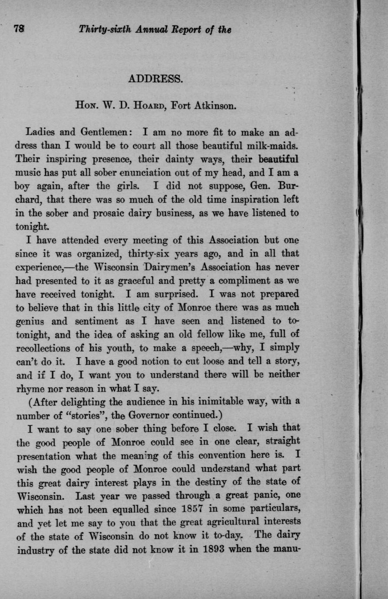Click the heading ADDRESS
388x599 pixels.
(x=157, y=79)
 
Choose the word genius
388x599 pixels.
(x=31, y=322)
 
